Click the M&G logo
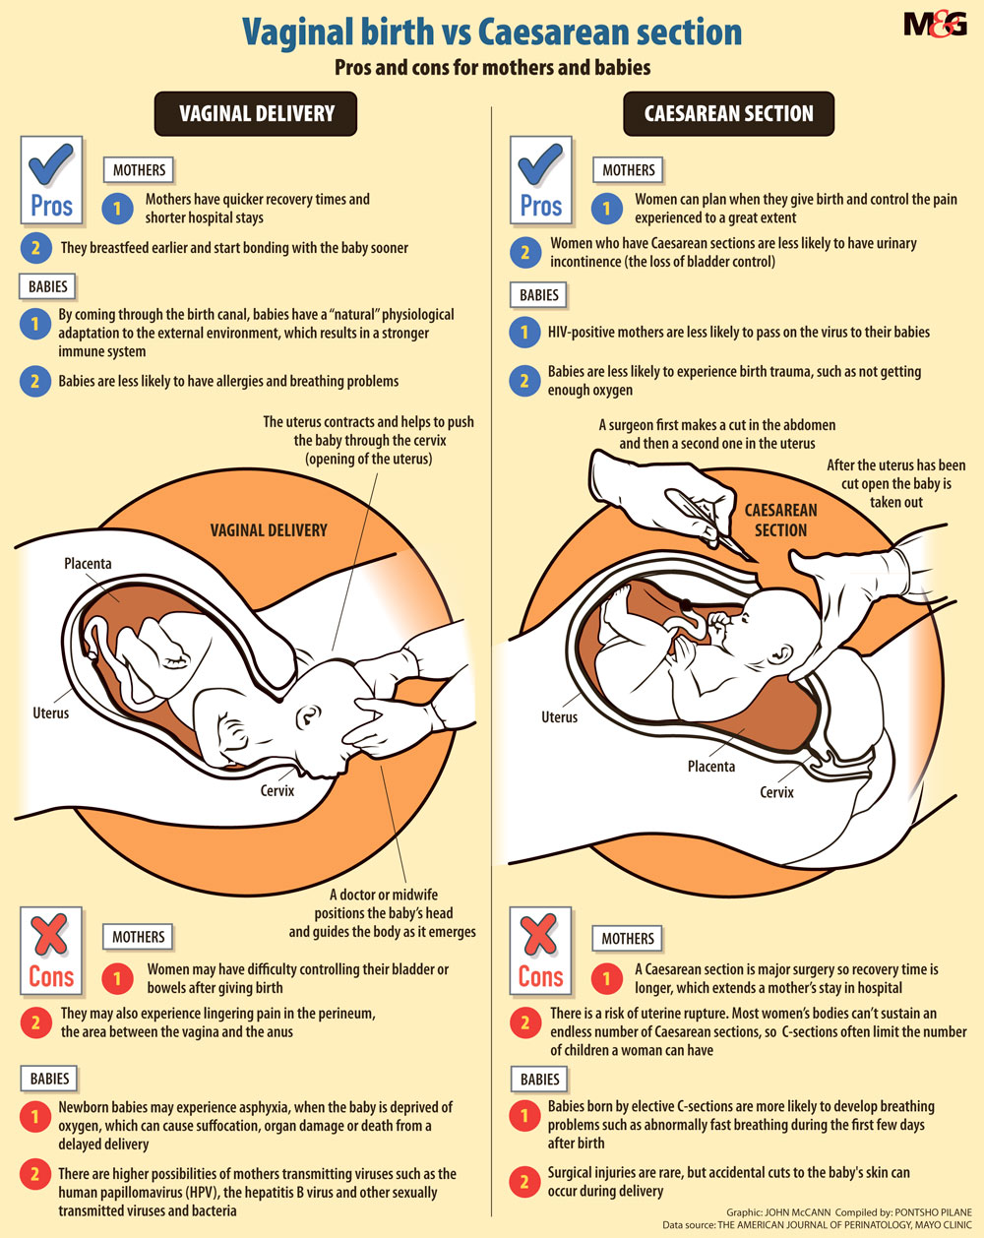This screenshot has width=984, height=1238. point(935,25)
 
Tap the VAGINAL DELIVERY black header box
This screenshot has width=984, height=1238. point(256,113)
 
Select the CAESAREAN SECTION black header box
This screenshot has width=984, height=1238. point(728,113)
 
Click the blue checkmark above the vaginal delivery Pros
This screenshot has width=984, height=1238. point(51,164)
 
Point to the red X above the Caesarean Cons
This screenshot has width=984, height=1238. point(540,934)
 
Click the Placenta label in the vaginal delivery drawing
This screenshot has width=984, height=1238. point(88,563)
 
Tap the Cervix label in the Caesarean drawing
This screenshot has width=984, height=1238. point(776,792)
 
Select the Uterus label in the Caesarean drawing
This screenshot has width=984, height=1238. point(559,716)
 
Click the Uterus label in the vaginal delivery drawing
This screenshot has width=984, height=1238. point(50,712)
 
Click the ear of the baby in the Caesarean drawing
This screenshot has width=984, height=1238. point(781,654)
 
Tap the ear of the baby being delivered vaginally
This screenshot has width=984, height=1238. point(308,716)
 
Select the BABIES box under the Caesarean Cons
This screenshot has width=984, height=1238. point(539,1079)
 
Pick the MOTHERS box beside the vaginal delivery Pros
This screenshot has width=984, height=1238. point(139,169)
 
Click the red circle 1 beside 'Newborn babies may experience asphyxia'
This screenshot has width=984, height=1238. point(35,1117)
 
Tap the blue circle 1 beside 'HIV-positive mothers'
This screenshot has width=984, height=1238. point(524,332)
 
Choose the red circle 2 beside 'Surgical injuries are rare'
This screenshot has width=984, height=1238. point(524,1182)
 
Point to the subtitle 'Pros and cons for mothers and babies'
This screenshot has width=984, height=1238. point(493,67)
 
